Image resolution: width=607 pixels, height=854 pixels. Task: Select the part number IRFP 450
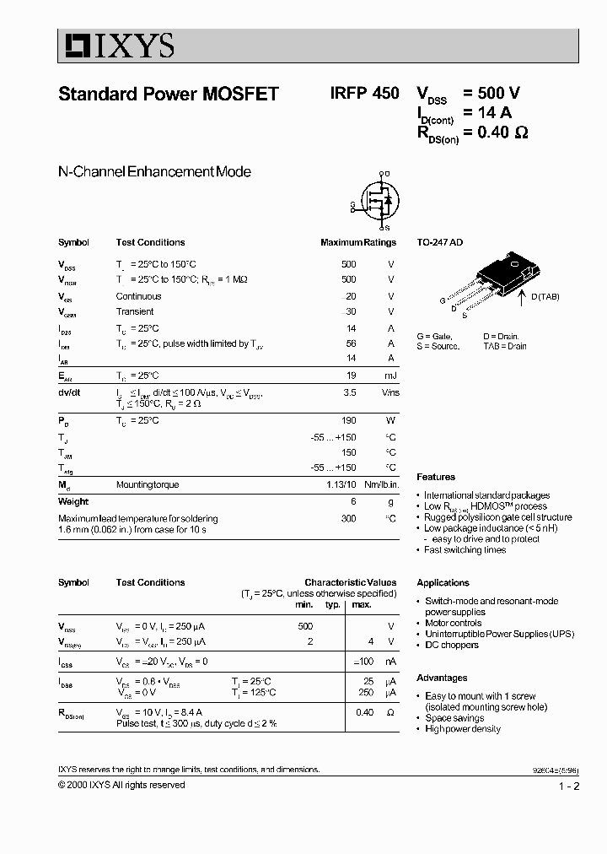365,95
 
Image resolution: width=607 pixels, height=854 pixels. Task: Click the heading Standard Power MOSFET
169,95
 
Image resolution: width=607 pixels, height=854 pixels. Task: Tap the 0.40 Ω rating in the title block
503,132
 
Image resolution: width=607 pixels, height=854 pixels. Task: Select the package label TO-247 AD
439,242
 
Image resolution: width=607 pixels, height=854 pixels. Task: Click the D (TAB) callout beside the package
545,296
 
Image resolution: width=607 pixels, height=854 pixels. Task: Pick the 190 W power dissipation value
348,420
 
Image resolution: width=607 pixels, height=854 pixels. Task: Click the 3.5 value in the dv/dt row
351,392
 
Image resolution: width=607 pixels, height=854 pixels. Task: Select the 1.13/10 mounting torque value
341,485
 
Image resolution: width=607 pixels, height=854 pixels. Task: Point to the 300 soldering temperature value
348,518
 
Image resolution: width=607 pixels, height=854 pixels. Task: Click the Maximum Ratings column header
357,242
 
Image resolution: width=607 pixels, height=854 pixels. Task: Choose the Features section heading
436,477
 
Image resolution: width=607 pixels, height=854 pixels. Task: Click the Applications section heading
443,582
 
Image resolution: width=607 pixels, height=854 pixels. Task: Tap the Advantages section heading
442,678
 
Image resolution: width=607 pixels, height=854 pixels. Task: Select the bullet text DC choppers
451,645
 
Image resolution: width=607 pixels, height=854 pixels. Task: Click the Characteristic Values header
350,582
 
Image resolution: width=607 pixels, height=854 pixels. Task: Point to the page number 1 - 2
569,786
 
